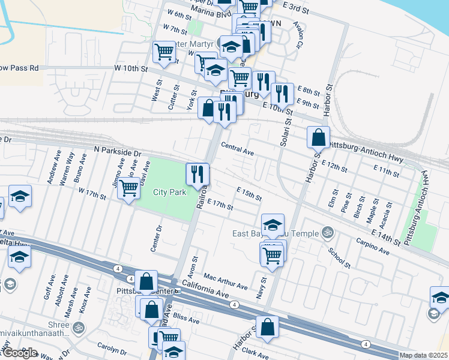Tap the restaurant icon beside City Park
[x=197, y=175]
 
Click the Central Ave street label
[x=237, y=149]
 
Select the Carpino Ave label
[x=372, y=245]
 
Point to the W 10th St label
[x=132, y=68]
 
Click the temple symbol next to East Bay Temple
[x=328, y=231]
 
